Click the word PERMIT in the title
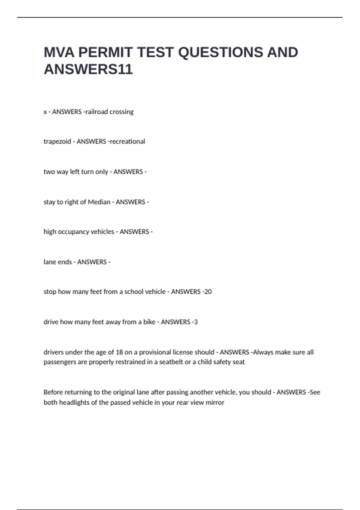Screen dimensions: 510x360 (105, 52)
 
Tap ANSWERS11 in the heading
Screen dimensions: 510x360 (88, 69)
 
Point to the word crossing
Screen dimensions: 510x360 (121, 112)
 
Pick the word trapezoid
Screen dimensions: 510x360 (57, 142)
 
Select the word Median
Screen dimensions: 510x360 (99, 202)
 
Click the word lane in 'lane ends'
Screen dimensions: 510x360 (49, 262)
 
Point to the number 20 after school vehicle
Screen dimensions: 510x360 (208, 292)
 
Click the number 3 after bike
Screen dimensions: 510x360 (196, 322)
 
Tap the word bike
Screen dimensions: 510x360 (149, 322)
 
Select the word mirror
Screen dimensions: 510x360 (215, 402)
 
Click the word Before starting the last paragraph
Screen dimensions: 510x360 (53, 392)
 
